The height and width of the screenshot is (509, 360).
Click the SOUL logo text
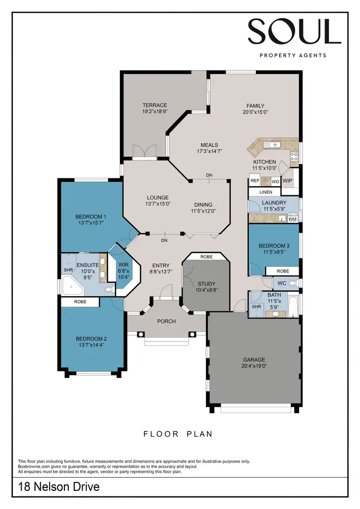294,32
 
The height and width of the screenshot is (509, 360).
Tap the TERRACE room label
155,106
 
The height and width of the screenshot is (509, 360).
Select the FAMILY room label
255,106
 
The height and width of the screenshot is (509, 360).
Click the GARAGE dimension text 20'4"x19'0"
254,366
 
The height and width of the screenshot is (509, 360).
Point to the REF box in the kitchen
255,181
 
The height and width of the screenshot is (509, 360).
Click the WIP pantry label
288,181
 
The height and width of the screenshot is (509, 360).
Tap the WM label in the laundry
292,219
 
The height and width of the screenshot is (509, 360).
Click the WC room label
282,284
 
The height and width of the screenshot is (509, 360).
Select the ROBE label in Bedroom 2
80,302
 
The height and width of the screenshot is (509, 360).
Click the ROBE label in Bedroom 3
283,271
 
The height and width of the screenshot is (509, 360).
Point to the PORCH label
166,321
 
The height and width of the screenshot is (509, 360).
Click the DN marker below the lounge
164,240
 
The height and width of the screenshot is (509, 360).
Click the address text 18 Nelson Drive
59,487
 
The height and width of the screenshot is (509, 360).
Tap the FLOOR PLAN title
178,434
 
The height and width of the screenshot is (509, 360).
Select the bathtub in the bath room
293,307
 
